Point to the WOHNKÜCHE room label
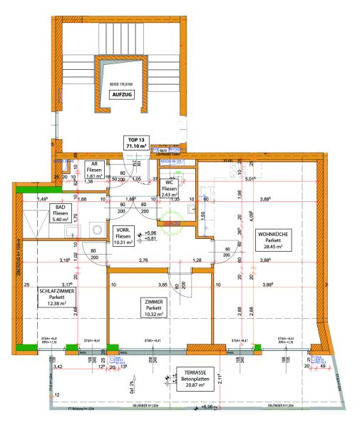[273, 234]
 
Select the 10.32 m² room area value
[153, 314]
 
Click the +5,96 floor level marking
[150, 233]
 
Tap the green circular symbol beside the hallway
[172, 229]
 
